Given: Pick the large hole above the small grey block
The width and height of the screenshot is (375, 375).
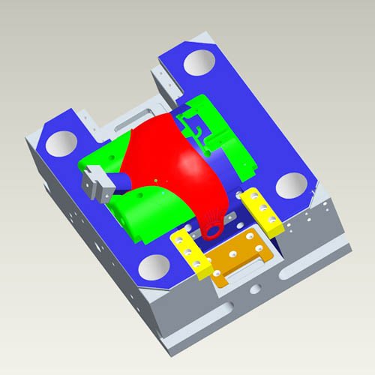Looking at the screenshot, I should point(61,141).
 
